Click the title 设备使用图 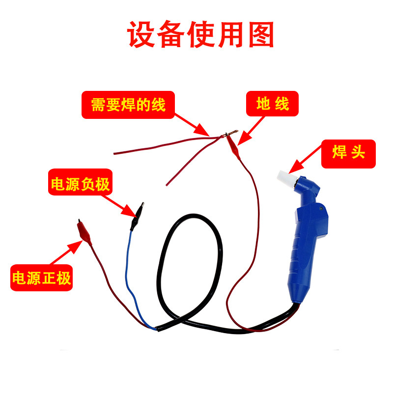click(200, 34)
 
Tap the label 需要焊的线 click(128, 105)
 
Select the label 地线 click(272, 104)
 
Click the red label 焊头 click(349, 154)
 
